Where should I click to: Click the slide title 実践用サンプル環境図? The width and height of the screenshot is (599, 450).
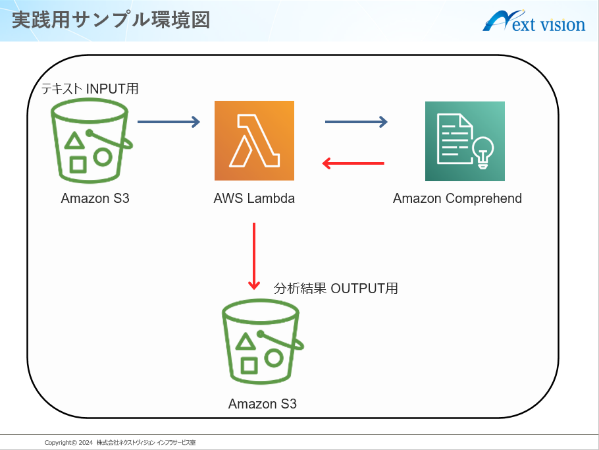coord(111,20)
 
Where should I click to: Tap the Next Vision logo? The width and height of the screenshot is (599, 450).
coord(534,21)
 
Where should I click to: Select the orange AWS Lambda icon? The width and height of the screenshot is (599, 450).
coord(255,141)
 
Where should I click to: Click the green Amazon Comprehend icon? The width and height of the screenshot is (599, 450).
coord(465,141)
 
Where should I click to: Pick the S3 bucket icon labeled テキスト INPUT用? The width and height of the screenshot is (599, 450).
coord(91,141)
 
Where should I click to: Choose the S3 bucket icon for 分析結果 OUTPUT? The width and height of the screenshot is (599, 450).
coord(262,342)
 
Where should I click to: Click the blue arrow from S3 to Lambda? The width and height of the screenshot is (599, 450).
coord(169,122)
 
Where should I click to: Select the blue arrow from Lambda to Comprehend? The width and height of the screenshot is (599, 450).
coord(356,122)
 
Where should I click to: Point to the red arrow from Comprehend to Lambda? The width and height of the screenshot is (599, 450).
coord(353,163)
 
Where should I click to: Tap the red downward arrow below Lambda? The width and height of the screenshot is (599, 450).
coord(254,256)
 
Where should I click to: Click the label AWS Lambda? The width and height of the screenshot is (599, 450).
coord(254,198)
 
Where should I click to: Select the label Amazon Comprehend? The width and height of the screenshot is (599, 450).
coord(457,198)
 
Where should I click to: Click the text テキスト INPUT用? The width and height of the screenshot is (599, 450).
coord(90,89)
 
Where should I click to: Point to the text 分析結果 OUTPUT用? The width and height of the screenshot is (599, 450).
coord(336,289)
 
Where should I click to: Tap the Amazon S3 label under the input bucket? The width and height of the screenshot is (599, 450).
coord(95,198)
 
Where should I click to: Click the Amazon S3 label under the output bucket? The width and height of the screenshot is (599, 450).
coord(263,404)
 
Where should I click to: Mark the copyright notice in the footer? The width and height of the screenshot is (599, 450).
coord(120,443)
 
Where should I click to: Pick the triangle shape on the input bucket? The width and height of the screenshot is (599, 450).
coord(74,140)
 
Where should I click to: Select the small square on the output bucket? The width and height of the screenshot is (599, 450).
coord(249,366)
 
